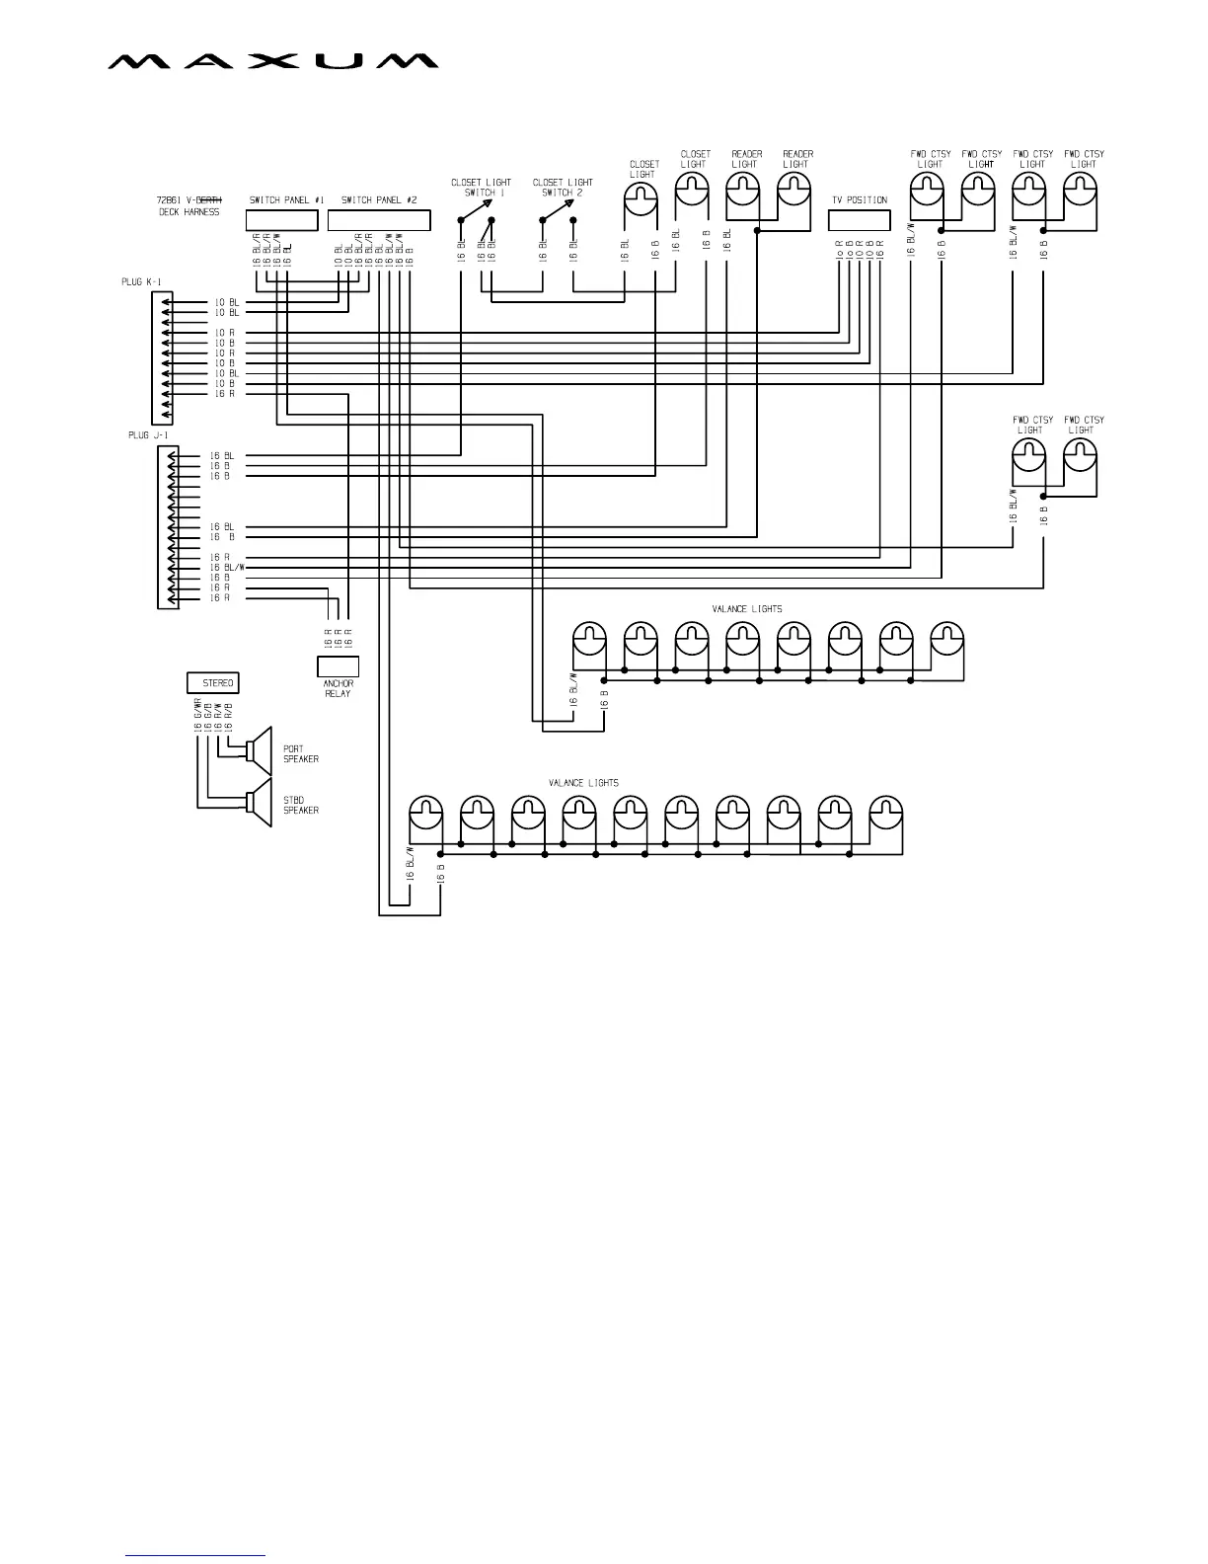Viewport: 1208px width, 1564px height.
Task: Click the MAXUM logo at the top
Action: [272, 61]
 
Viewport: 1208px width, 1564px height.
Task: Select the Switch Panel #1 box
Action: [282, 219]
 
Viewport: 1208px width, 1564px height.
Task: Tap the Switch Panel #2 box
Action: [379, 219]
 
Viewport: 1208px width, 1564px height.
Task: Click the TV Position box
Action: [859, 220]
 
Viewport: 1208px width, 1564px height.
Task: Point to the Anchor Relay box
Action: [338, 665]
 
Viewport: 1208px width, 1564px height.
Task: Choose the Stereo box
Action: [212, 682]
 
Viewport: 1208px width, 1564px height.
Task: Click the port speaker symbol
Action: [260, 751]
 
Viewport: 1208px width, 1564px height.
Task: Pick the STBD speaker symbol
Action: [260, 803]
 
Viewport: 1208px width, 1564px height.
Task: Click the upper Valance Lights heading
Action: [746, 609]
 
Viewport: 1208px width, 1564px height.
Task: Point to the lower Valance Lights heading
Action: [583, 783]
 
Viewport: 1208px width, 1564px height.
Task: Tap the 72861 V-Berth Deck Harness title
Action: [189, 205]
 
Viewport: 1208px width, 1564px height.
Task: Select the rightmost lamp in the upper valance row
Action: [946, 639]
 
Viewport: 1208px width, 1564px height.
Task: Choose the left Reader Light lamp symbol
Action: [742, 190]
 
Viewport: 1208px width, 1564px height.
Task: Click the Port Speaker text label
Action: [300, 753]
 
